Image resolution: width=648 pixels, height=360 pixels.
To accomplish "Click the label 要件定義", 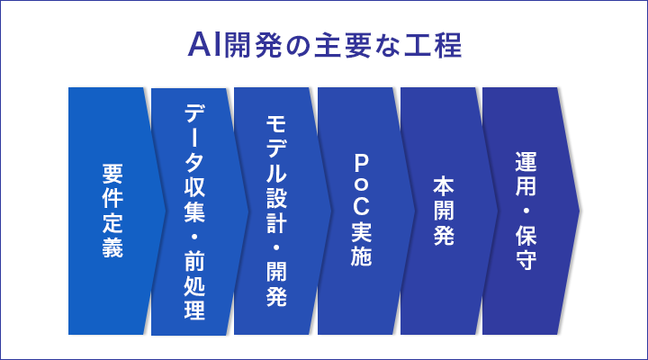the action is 112,211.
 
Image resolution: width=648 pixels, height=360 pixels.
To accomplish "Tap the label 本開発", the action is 444,211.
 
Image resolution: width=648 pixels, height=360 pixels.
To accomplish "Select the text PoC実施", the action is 361,211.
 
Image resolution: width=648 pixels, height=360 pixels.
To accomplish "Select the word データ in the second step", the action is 194,138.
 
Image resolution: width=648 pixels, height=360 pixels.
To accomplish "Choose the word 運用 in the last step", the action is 526,174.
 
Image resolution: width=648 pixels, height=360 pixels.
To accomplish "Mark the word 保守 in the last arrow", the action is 526,247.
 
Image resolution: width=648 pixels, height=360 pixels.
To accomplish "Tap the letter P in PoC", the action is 361,164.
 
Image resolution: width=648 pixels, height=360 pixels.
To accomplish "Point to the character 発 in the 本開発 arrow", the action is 444,235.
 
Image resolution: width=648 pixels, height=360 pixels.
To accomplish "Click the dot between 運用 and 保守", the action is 526,211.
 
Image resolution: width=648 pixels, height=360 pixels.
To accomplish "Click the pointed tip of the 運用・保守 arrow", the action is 580,211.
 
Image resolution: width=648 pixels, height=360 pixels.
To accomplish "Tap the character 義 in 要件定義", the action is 112,247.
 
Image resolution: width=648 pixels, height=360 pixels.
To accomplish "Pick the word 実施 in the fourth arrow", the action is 361,244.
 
